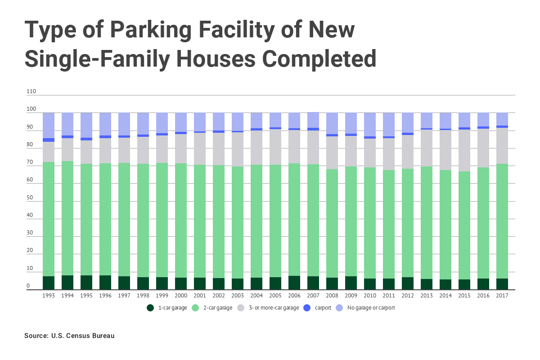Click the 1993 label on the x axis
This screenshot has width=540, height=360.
coord(49,296)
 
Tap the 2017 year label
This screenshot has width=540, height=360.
coord(502,296)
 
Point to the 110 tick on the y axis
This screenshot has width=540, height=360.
coord(31,91)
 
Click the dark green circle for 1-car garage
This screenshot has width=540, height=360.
coord(150,308)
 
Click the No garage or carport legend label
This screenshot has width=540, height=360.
coord(371,308)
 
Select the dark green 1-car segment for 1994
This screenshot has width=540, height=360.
coord(67,282)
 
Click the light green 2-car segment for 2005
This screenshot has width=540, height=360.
coord(275,220)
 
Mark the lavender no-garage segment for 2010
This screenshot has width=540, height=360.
coord(370,124)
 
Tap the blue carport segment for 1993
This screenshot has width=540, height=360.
coord(49,140)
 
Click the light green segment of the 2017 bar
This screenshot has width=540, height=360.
coord(502,220)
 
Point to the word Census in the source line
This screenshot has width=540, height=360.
coord(78,336)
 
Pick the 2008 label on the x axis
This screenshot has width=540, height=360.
coord(332,296)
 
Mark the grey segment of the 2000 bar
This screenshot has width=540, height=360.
coord(181,148)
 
